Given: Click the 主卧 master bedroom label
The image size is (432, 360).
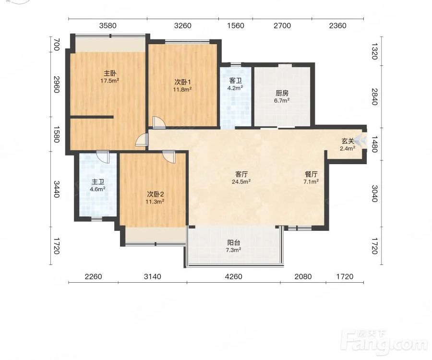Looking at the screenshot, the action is [109, 73].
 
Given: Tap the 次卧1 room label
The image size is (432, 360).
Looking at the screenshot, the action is [182, 82].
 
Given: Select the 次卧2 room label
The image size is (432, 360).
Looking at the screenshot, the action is [155, 194].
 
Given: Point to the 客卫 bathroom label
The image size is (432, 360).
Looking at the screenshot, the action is [235, 81].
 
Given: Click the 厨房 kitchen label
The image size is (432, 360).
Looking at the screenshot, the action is [282, 93].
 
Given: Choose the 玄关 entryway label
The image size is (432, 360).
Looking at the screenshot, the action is [348, 141].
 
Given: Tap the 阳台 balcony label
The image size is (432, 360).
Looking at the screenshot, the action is [234, 243].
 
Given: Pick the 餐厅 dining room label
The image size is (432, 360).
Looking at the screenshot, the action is [311, 174].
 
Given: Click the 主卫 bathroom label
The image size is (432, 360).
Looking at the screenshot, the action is [98, 182].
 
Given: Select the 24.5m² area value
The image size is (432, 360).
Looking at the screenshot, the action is [241, 181].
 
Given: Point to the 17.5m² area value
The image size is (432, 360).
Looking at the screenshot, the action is [109, 81].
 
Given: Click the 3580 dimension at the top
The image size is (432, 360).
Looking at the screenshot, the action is [108, 25].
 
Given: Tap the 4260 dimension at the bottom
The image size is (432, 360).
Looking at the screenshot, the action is [234, 276].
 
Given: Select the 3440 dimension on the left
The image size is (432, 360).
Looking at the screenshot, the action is [57, 189].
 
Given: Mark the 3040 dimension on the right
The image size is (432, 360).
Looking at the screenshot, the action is [374, 193].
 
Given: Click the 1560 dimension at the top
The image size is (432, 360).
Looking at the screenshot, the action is [236, 25].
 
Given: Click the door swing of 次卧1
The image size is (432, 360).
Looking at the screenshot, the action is [159, 122].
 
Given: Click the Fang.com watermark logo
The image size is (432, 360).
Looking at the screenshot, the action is [384, 342].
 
